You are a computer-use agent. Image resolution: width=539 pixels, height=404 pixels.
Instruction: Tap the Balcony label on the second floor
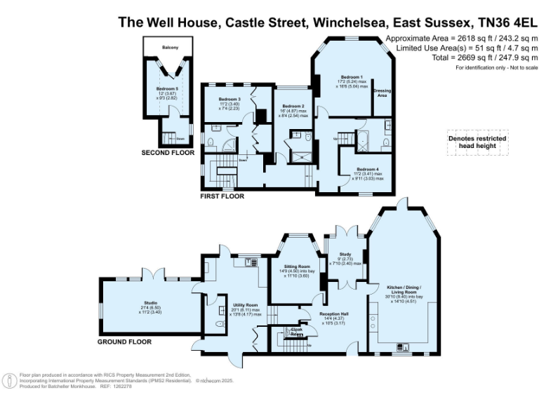(170, 48)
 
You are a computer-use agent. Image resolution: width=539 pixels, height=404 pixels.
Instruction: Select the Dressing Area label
(382, 93)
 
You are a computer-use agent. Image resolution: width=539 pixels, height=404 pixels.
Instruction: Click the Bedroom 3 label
(229, 100)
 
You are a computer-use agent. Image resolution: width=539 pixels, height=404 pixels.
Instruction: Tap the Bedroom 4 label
(367, 169)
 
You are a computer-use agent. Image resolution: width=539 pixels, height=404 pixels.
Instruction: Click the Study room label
(345, 255)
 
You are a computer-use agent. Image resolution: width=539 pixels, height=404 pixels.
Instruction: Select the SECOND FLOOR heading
(168, 152)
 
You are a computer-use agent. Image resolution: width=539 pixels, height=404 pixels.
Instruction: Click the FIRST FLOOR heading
(222, 196)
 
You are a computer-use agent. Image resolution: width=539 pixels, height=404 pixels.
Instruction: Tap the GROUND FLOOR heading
(124, 342)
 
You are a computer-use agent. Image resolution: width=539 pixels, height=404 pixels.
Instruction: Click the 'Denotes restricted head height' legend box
(477, 143)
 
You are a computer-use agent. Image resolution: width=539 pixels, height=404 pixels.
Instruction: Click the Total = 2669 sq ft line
(484, 58)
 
